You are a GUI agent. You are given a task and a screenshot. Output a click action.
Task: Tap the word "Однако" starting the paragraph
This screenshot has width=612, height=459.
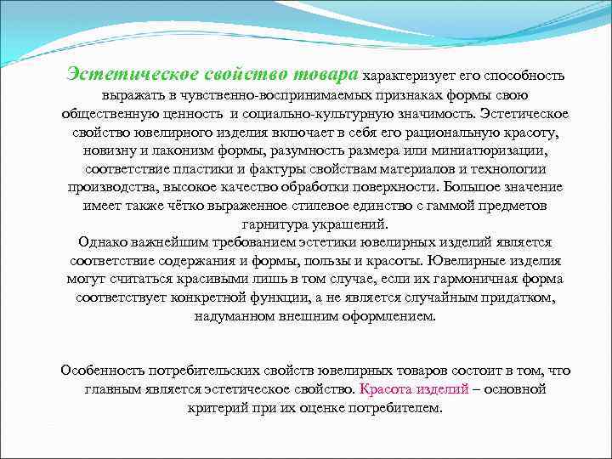coord(101,242)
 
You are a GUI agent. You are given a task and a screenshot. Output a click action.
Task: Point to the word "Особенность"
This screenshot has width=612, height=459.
coord(101,371)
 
